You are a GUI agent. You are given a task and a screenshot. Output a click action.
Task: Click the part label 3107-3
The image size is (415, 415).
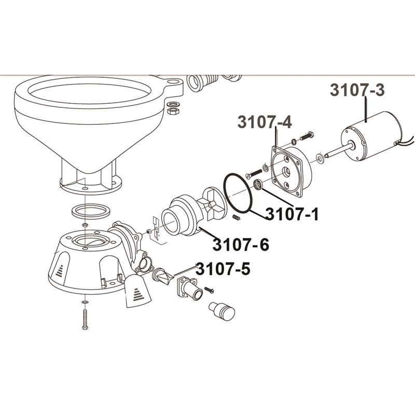pos(357,90)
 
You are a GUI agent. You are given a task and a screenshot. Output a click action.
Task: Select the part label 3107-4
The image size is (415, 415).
pos(265,122)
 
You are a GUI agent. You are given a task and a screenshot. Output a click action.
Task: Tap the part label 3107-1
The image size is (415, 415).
pos(292,214)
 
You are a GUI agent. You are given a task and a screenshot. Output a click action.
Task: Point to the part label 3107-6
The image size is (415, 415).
pos(241,244)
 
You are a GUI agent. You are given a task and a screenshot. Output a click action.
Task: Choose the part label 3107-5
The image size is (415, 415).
pos(223,269)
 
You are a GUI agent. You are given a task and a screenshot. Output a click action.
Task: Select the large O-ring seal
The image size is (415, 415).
pos(238,193)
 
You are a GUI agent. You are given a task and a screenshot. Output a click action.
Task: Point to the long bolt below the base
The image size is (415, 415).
pos(85,320)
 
